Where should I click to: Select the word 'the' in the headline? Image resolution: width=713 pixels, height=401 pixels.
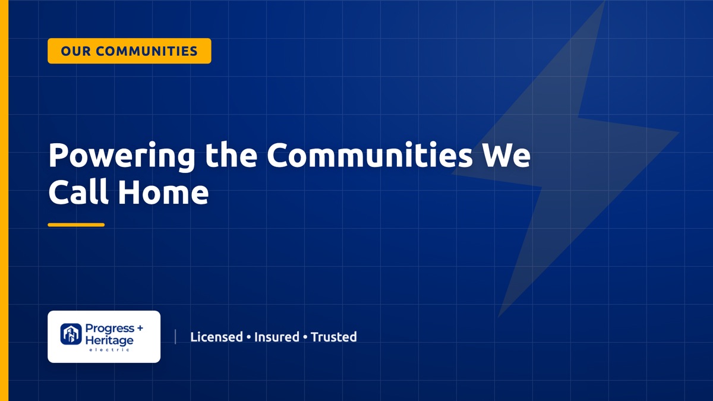point(231,154)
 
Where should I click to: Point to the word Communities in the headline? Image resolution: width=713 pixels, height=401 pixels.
point(370,154)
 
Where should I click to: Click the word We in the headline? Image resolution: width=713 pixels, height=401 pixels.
point(506,155)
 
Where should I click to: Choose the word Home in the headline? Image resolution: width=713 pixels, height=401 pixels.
point(163,192)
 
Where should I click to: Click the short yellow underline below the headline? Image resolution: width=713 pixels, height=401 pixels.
point(76,225)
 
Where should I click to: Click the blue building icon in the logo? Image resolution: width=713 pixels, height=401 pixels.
point(71,334)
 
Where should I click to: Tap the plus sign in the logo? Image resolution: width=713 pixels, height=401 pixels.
point(140,328)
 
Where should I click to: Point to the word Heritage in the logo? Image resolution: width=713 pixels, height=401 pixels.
point(109,341)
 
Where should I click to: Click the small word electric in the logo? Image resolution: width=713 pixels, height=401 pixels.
point(109,350)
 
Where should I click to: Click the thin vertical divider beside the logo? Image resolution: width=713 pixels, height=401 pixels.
point(175,337)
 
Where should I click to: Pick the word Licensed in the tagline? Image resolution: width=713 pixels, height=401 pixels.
point(216,337)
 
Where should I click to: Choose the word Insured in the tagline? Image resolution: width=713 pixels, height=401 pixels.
point(277,337)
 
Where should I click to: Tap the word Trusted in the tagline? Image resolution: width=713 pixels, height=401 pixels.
point(333,337)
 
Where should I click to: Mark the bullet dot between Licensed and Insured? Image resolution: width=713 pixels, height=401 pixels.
point(248,337)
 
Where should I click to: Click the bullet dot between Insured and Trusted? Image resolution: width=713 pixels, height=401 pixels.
point(305,337)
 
